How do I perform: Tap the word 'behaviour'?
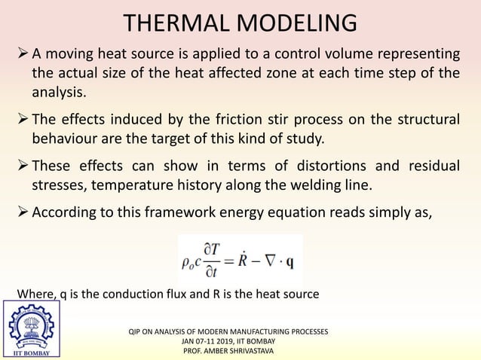point(66,139)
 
